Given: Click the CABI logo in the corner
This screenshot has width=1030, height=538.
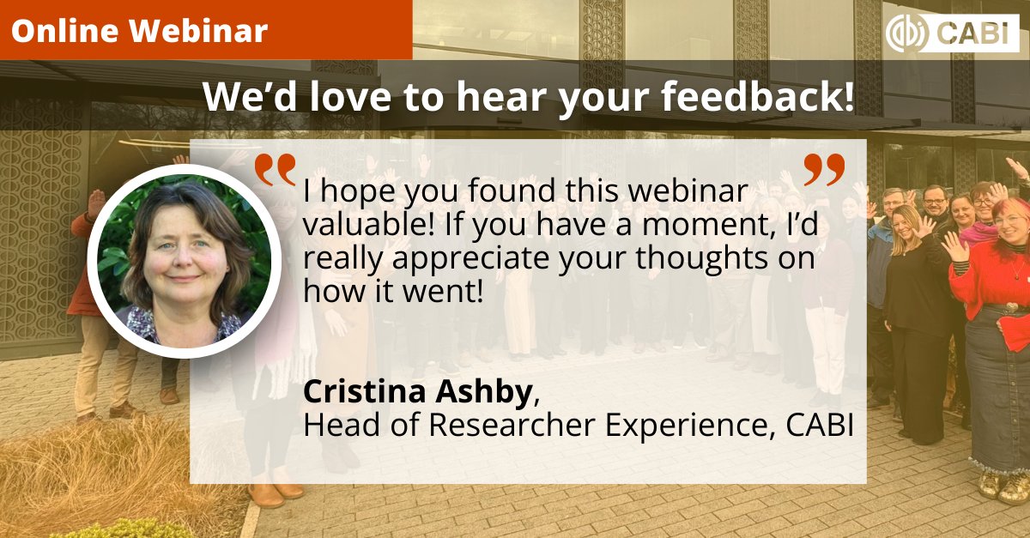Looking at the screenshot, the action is (x=952, y=33).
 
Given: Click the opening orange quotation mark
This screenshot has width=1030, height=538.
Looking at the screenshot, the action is (x=276, y=170).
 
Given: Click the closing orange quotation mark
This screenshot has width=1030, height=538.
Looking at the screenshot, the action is (x=825, y=170).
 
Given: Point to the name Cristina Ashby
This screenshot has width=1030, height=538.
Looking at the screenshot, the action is (x=417, y=392).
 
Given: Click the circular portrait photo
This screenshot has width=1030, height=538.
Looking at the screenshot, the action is (x=184, y=261).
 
